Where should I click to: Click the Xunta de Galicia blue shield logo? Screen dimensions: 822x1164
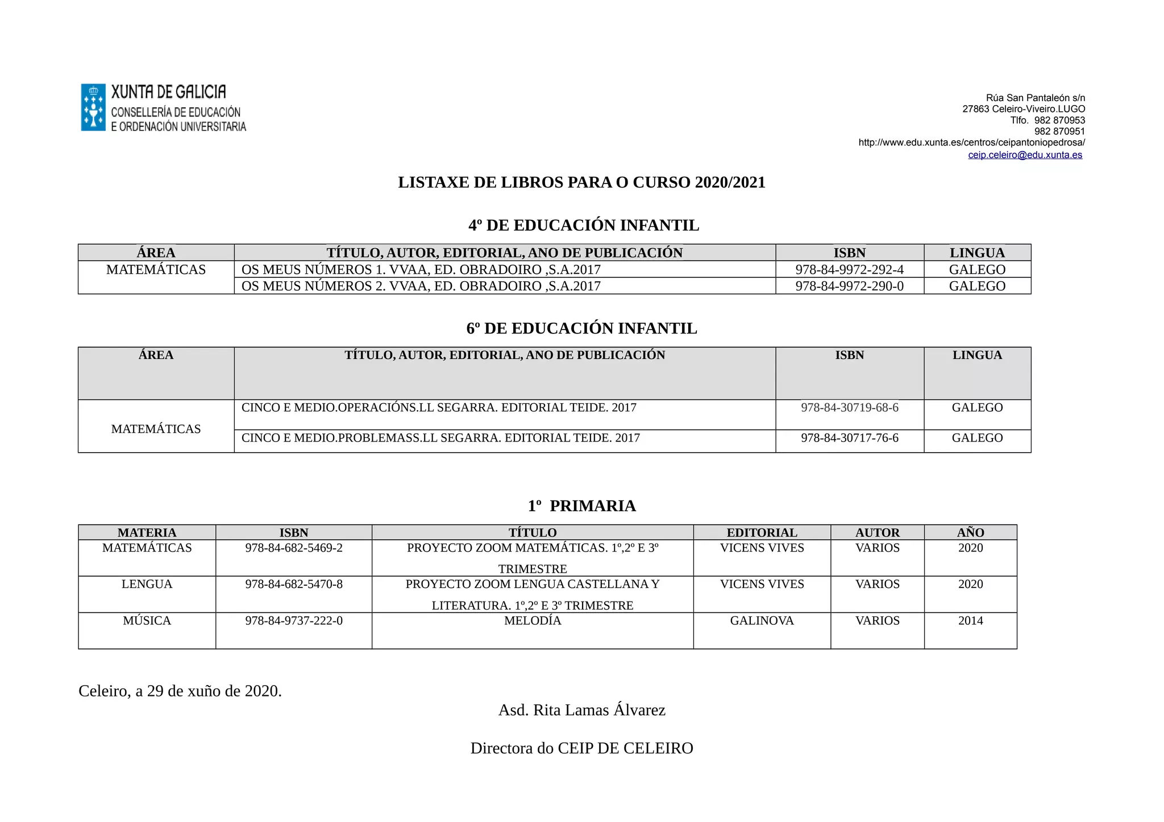pos(93,107)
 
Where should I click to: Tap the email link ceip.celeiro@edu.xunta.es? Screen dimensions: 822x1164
pos(1025,155)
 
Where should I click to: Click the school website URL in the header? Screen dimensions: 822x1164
pos(971,143)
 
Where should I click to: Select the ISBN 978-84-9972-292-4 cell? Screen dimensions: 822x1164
pos(849,269)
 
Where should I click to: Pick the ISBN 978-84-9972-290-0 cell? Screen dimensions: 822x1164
pos(849,286)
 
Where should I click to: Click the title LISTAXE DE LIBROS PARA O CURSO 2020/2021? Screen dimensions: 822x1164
pos(581,182)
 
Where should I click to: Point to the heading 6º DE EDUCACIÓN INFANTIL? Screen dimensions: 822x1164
pos(581,328)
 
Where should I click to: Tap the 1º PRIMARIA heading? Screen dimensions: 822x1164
pos(581,506)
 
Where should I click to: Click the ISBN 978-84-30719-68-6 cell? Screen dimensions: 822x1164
pos(849,408)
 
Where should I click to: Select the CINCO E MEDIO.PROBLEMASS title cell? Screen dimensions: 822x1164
pos(440,438)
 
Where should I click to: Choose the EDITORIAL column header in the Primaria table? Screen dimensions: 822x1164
pos(762,532)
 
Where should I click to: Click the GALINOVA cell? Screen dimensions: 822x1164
pos(762,621)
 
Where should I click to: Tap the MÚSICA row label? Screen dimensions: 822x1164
pos(147,621)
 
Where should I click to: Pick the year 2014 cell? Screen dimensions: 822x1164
pos(970,621)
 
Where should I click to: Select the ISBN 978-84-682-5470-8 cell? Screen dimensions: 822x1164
pos(294,585)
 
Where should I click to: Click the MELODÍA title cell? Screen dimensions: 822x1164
pos(533,621)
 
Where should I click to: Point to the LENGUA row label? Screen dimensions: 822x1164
pos(147,585)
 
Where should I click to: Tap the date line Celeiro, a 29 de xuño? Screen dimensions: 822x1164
pos(180,691)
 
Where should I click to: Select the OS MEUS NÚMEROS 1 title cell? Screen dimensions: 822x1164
pos(421,269)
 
